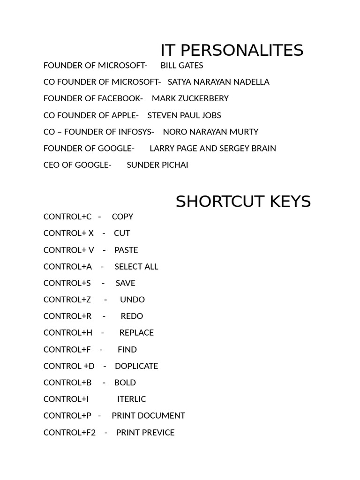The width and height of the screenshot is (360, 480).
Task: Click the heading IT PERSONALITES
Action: (x=232, y=50)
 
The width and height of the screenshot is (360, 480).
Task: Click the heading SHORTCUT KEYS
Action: (x=243, y=202)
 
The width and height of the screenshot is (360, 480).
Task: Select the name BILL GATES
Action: (x=182, y=65)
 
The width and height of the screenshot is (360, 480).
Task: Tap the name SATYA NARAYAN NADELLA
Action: (x=218, y=82)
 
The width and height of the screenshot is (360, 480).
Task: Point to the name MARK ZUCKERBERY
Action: (x=190, y=98)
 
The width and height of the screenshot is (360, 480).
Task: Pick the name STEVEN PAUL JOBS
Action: (x=184, y=115)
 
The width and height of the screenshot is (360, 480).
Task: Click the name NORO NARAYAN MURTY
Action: (x=210, y=132)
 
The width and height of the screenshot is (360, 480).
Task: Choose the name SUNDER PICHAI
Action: (x=157, y=165)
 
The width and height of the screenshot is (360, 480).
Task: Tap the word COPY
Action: (x=122, y=217)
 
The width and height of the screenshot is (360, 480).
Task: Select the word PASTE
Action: (x=126, y=250)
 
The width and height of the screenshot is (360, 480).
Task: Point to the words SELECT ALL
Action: (x=136, y=267)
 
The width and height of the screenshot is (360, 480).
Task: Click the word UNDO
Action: (x=132, y=300)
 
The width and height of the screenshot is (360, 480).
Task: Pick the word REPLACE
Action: (x=136, y=333)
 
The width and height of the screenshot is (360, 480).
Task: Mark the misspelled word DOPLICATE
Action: (x=136, y=366)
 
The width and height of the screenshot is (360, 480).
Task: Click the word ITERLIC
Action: (x=131, y=399)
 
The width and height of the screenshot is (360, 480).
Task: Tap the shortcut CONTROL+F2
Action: (x=69, y=433)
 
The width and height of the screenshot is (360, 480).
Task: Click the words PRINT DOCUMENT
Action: (x=148, y=416)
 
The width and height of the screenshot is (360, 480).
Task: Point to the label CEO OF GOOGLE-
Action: (x=77, y=165)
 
